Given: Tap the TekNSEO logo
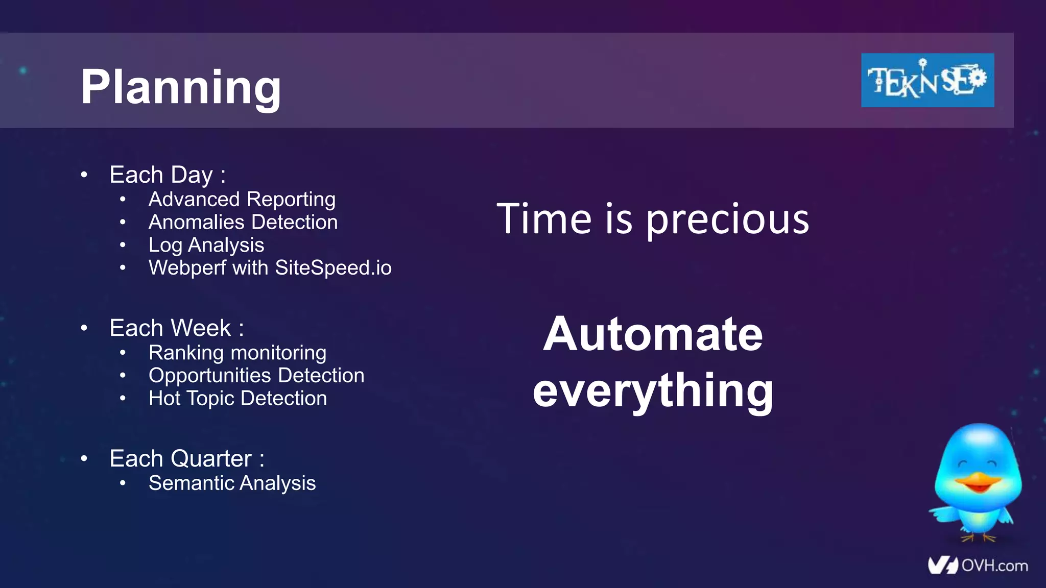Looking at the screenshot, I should (927, 80).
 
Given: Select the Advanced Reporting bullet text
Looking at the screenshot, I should (242, 199).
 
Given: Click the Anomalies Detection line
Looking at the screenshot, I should (243, 222).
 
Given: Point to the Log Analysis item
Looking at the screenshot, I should (206, 245).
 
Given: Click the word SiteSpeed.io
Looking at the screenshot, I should (333, 267).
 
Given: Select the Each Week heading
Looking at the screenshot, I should (176, 328).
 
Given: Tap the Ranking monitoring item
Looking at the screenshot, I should (237, 352).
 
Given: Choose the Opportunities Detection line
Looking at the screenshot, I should (256, 375).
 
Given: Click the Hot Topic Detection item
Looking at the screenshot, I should (237, 398).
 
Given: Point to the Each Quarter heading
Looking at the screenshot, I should (187, 458).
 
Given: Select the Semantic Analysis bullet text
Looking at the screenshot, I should (232, 483).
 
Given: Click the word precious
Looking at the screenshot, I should (727, 219).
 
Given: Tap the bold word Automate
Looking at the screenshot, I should (653, 334).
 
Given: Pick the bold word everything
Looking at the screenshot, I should (653, 390).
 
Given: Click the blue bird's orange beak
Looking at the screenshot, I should (977, 481).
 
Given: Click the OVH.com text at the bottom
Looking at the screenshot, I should (994, 566).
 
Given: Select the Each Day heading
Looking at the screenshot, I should (168, 175).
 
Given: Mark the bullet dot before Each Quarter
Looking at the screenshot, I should (84, 458).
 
